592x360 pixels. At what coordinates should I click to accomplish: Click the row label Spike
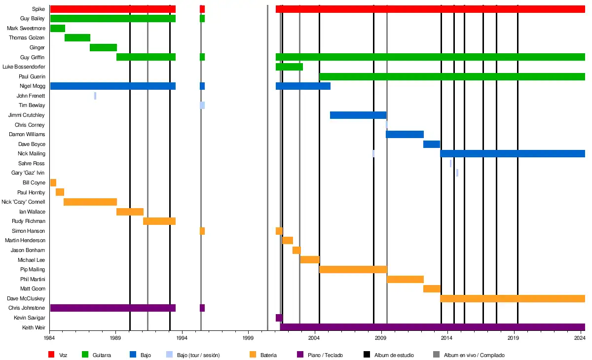click(x=38, y=9)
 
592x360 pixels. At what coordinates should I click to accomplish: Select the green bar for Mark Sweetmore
click(x=57, y=28)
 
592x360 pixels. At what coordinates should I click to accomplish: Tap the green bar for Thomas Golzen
click(x=77, y=38)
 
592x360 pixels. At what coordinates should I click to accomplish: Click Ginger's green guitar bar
click(x=103, y=47)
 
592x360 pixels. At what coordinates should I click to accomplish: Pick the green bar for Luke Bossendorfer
click(x=289, y=67)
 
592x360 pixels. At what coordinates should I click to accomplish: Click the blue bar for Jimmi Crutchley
click(x=358, y=115)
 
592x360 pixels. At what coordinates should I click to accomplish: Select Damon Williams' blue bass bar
click(x=405, y=134)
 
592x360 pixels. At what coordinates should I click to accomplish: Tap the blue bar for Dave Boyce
click(x=431, y=144)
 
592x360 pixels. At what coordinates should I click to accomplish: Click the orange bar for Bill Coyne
click(x=53, y=182)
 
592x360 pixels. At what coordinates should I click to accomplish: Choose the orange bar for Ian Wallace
click(x=130, y=212)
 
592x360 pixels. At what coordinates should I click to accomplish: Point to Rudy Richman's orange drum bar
click(x=159, y=221)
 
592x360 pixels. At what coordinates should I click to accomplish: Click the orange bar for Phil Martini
click(x=405, y=279)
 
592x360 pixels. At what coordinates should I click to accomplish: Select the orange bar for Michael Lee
click(x=310, y=260)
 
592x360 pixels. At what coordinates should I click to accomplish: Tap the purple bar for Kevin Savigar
click(x=279, y=318)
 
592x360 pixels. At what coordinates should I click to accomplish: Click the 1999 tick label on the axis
click(x=248, y=338)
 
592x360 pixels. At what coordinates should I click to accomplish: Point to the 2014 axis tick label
click(x=446, y=338)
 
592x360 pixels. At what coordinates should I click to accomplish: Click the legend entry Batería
click(x=268, y=355)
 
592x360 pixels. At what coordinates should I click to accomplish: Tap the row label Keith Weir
click(x=34, y=327)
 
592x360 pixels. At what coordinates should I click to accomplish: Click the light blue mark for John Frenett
click(x=95, y=96)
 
